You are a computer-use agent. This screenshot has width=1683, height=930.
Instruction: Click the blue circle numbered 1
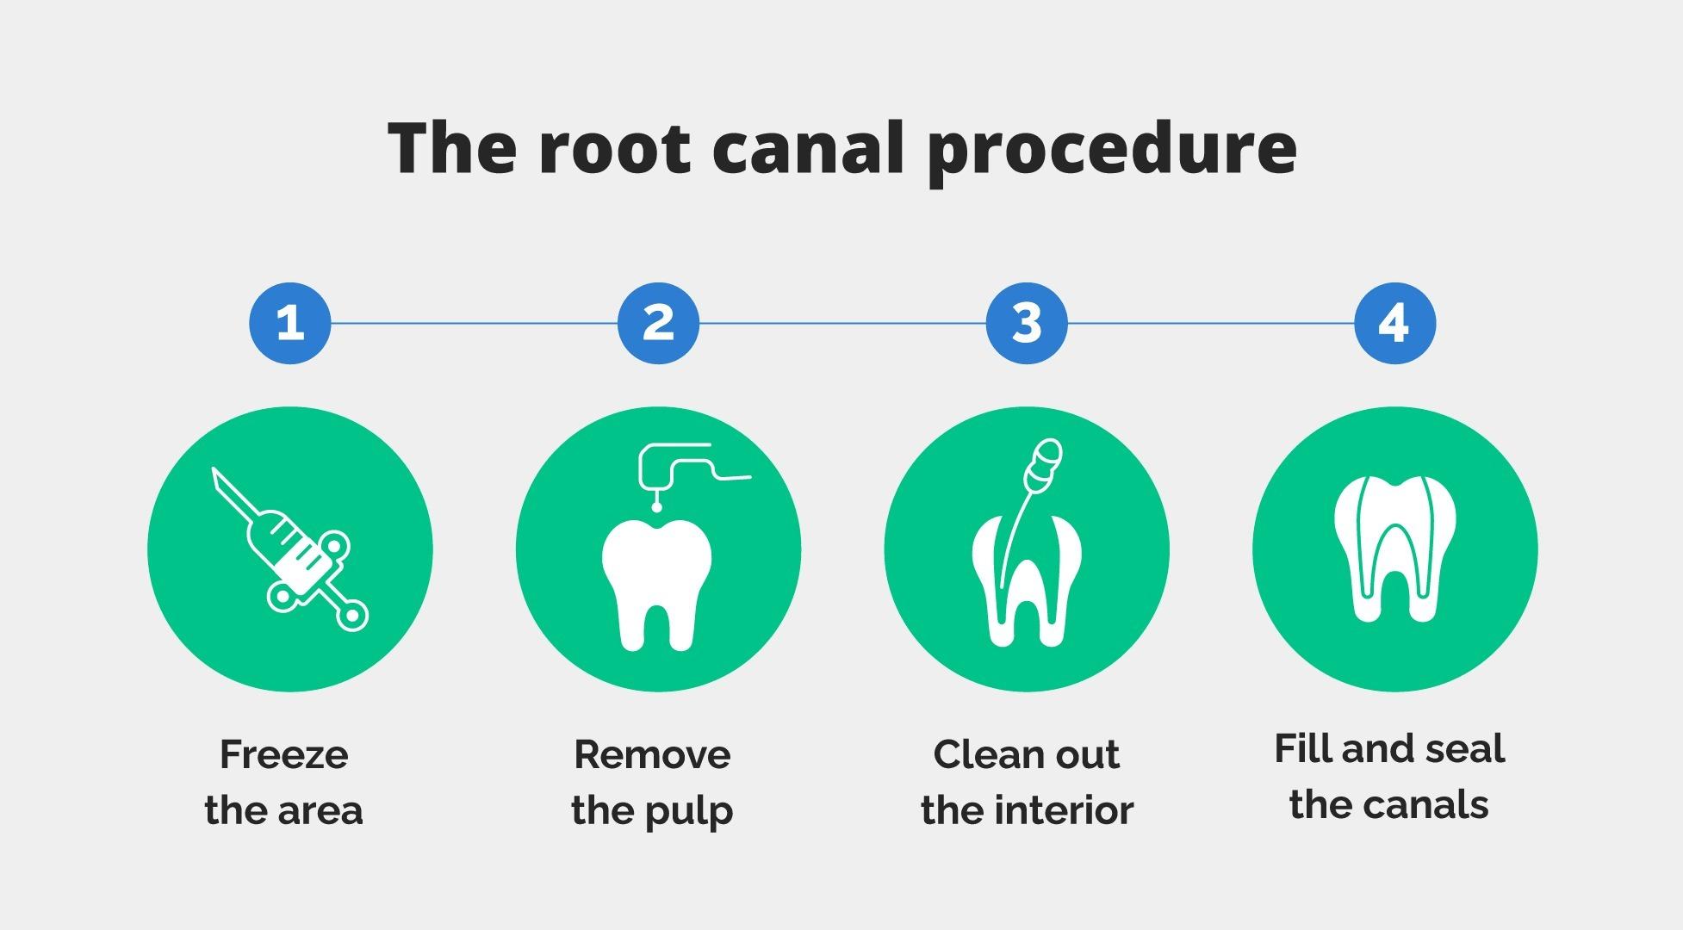click(x=290, y=324)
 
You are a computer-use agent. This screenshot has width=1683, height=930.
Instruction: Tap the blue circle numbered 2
click(x=658, y=324)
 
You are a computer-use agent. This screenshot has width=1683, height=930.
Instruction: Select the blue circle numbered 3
click(x=1027, y=324)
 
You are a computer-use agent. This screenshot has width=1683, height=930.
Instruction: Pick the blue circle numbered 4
click(x=1394, y=324)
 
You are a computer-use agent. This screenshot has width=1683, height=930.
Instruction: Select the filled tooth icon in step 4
click(x=1394, y=548)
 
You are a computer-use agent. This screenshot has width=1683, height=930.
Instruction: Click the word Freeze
click(x=284, y=755)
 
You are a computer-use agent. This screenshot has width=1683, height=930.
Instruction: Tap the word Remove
click(x=652, y=755)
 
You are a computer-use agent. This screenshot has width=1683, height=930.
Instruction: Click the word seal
click(x=1463, y=749)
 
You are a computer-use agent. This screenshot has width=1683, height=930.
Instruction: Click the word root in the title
click(x=614, y=148)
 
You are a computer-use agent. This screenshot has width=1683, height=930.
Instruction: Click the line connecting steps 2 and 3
click(x=842, y=324)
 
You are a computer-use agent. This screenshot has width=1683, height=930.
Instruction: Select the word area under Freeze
click(x=320, y=811)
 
